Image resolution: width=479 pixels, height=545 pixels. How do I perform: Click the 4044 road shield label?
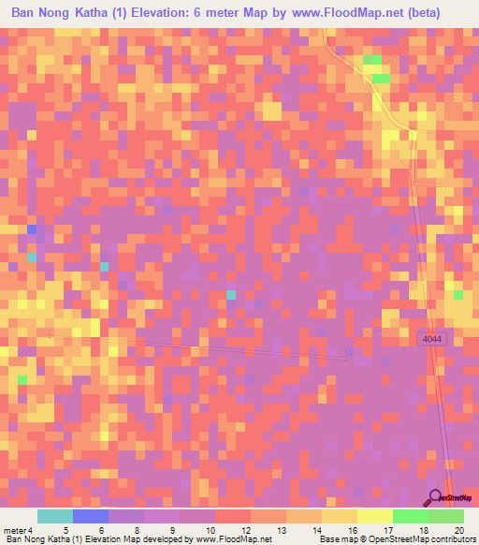431,339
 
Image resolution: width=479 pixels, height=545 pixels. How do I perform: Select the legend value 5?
63,529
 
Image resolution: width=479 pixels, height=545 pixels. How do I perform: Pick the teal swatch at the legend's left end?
55,516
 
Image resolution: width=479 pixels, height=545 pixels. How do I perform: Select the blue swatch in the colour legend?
91,516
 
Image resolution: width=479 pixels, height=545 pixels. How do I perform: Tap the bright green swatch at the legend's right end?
446,516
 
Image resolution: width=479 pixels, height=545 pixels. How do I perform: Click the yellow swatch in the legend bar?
374,516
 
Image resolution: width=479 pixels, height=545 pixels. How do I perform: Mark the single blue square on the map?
32,229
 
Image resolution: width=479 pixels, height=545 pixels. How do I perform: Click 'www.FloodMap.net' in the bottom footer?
232,539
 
